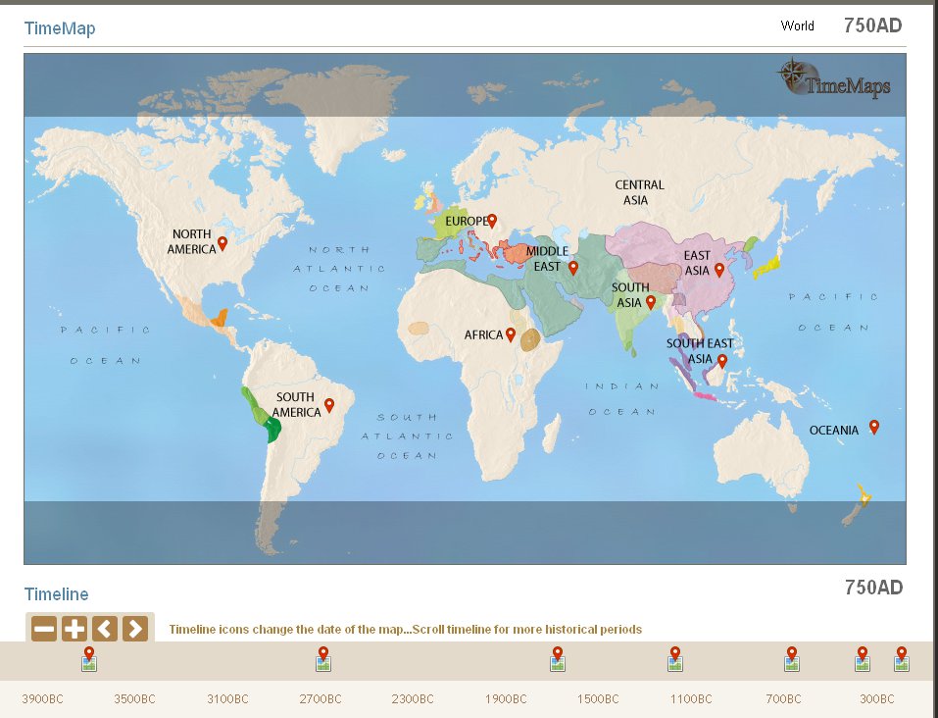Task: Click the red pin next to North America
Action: coord(222,243)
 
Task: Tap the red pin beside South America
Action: coord(329,405)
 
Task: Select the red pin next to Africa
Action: coord(511,334)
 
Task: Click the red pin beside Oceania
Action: coord(874,427)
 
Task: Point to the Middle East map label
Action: coord(547,259)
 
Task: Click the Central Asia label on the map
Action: coord(639,192)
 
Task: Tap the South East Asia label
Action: coord(699,351)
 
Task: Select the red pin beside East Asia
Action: coord(719,269)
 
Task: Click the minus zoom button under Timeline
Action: coord(44,629)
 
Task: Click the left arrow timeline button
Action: coord(105,629)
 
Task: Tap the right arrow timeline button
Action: coord(135,629)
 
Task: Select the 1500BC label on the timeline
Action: coord(599,699)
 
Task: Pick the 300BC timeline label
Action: coord(876,699)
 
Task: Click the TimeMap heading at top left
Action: coord(60,28)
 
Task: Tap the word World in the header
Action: coord(797,26)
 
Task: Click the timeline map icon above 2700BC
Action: coord(323,664)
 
